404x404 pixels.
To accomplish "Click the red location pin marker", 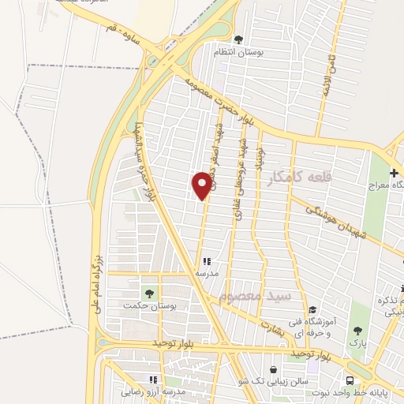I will (203, 185).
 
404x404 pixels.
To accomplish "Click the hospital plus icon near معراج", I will (393, 173).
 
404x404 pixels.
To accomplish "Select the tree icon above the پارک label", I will (357, 331).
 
